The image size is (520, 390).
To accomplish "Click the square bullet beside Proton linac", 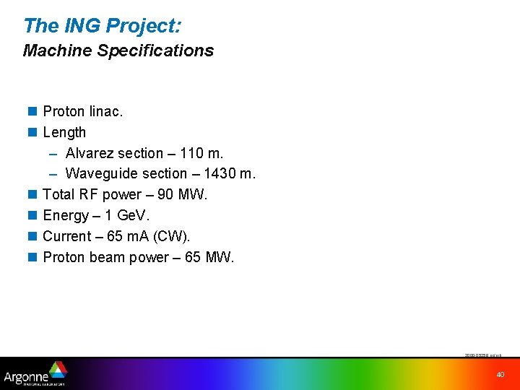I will coord(32,112).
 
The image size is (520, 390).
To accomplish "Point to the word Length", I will coord(64,132).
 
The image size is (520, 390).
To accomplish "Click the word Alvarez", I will coord(90,153).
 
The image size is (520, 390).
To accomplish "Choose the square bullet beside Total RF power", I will coord(32,194).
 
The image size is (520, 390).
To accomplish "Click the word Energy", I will coord(66,215).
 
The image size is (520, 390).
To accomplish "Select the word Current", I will coord(67,236).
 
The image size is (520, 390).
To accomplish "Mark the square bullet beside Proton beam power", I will coord(32,257).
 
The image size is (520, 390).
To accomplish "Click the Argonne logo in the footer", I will coord(35,373).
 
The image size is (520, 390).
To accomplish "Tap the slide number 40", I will coord(500,374).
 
